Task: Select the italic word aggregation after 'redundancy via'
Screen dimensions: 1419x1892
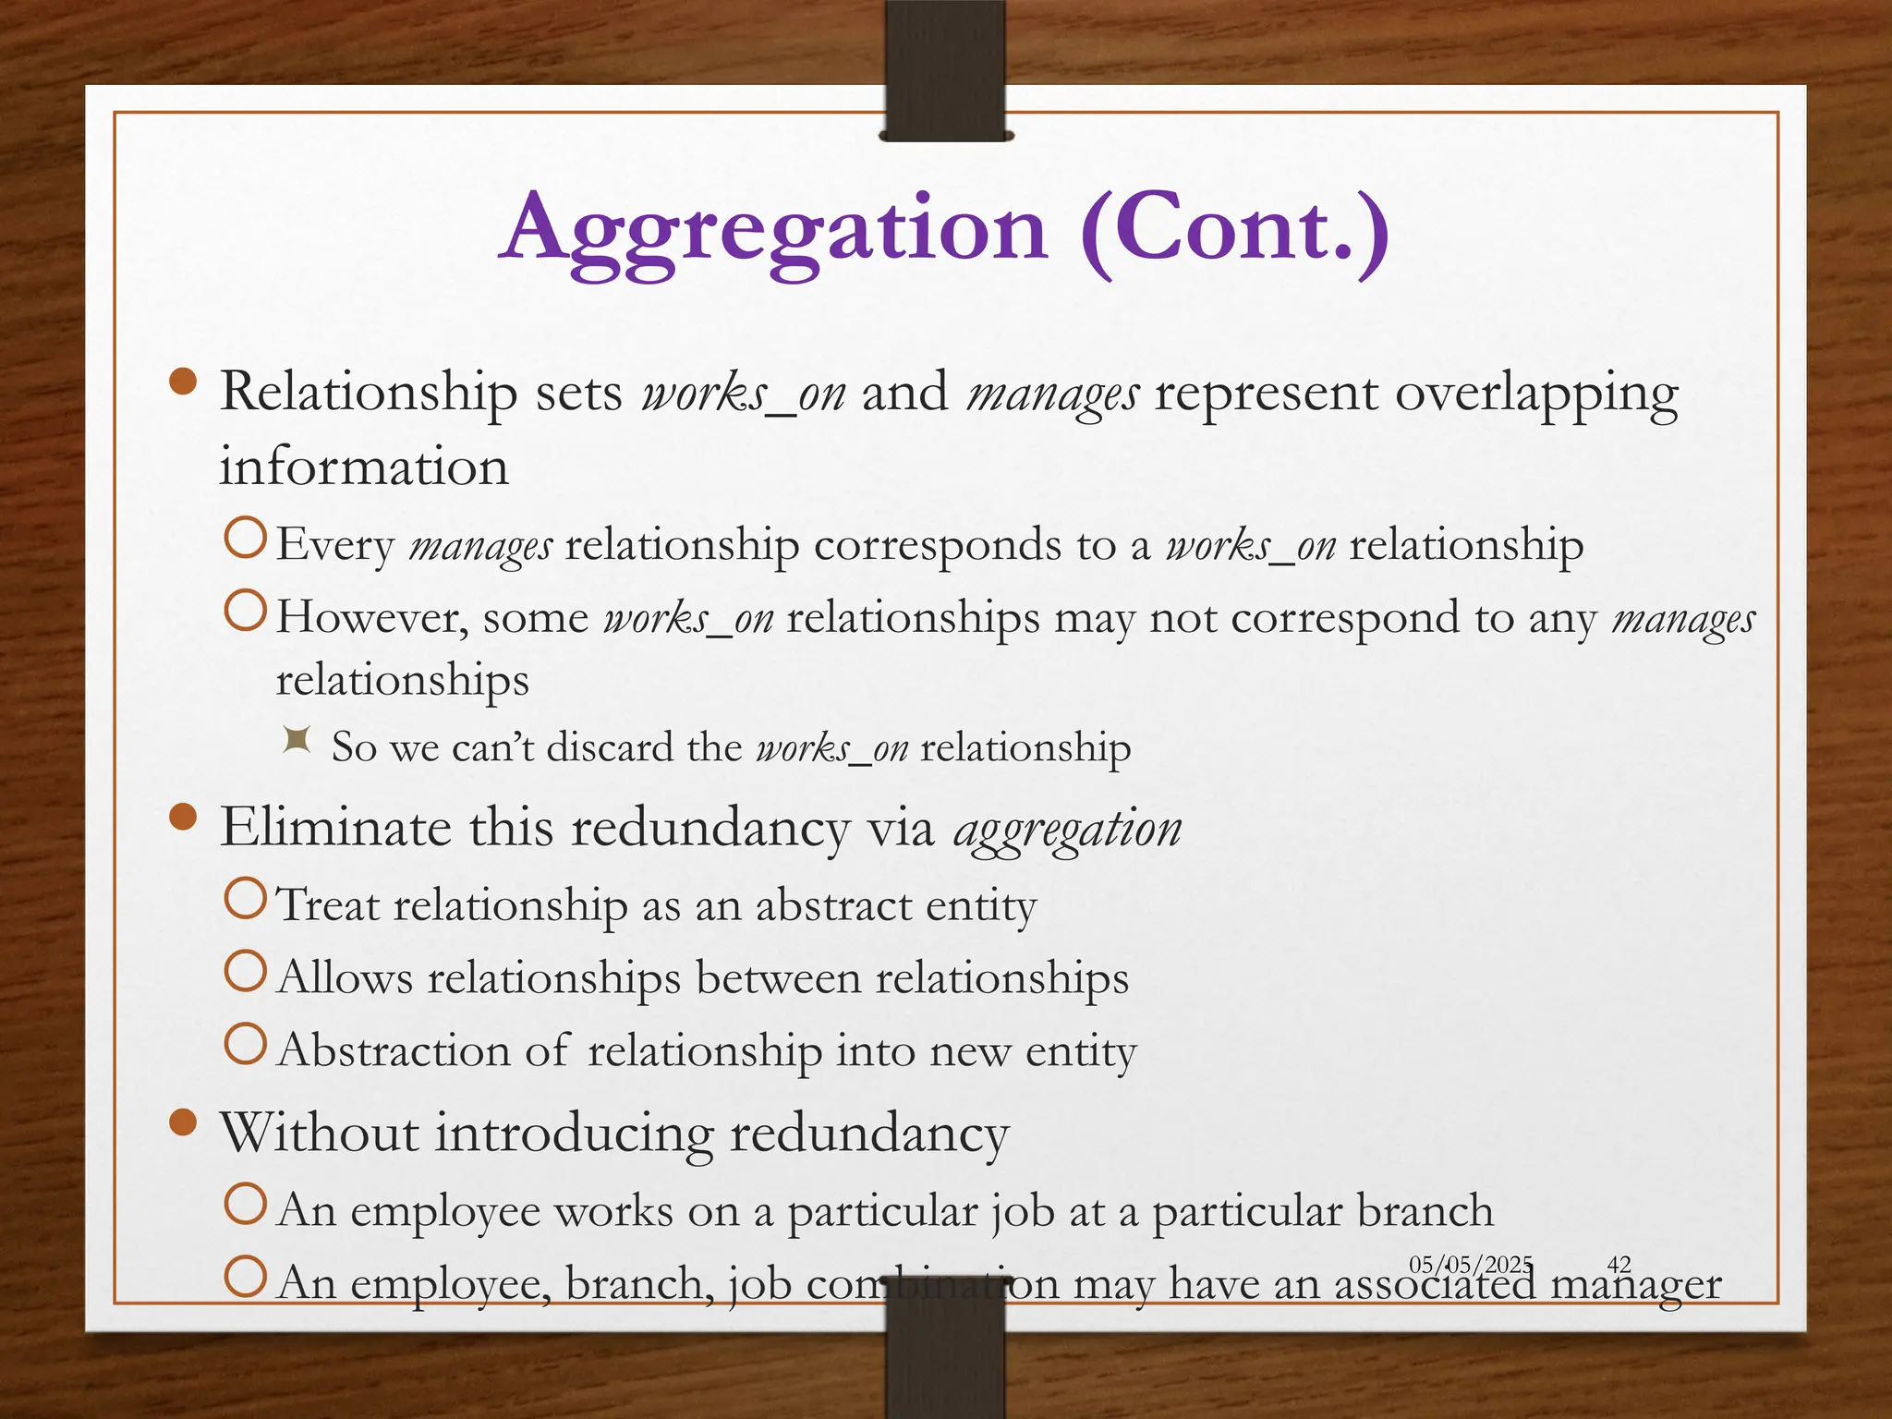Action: [x=1067, y=829]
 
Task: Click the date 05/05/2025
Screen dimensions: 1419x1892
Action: [x=1471, y=1264]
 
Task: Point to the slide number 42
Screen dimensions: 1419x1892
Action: [x=1619, y=1264]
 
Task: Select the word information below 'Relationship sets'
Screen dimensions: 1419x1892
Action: [x=364, y=467]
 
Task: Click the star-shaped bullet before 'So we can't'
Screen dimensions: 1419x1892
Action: [x=297, y=740]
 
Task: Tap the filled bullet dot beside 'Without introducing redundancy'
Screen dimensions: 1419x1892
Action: [x=184, y=1122]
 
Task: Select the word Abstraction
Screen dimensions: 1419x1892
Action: [x=394, y=1051]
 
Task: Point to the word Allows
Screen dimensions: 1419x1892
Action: [x=345, y=978]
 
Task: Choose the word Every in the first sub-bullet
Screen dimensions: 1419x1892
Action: [x=335, y=545]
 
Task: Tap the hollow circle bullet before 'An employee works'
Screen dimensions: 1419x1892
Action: [x=246, y=1204]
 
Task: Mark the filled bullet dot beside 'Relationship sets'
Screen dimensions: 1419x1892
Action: [x=184, y=382]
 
